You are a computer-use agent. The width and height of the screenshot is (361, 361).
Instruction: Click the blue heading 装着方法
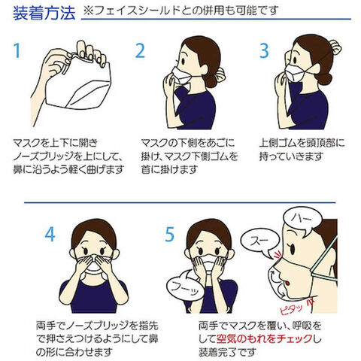coord(44,14)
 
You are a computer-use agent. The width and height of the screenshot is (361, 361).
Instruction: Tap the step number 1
coord(17,50)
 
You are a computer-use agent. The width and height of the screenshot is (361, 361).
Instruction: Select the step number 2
coord(140,50)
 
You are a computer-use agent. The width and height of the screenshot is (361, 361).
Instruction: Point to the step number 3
coord(264,50)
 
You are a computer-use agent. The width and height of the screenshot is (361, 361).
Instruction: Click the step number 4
coord(50,235)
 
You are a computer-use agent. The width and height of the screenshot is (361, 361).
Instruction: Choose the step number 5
coord(169,235)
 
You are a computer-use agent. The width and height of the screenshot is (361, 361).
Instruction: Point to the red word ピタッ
coord(291,310)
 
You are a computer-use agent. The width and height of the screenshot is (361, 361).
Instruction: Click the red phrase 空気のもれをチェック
coord(265,339)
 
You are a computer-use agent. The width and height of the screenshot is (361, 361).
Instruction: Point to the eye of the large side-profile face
coord(292,249)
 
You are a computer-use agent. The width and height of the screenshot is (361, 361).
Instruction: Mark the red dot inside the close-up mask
coord(287,283)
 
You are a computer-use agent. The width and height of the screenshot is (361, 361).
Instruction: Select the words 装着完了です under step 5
coord(227,352)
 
